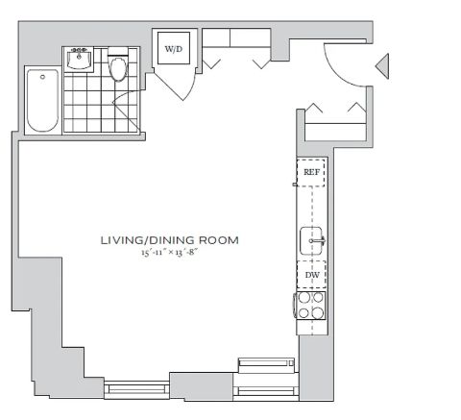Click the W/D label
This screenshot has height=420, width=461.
coord(174,49)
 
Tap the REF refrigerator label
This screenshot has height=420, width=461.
coord(311,172)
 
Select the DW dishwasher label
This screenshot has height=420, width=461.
coord(312,275)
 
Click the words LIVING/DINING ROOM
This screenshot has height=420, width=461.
coord(170,240)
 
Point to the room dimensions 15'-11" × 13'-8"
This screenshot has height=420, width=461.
coord(169,252)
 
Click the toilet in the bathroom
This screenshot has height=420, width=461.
coord(118,65)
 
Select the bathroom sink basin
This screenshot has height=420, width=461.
coord(79,60)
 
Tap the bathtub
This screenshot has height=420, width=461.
coord(43,100)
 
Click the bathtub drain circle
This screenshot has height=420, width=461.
coord(42,77)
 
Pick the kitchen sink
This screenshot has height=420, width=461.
coord(311,240)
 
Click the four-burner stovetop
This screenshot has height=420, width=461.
coord(310,306)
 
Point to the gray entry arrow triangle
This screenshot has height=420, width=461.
coord(382,66)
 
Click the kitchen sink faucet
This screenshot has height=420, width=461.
coord(318,240)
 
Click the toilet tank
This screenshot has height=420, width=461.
coord(118,53)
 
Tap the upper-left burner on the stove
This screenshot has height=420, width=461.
coord(303,298)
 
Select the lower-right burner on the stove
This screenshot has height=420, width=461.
coord(318,313)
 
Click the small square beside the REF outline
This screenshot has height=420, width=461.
coord(295,185)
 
